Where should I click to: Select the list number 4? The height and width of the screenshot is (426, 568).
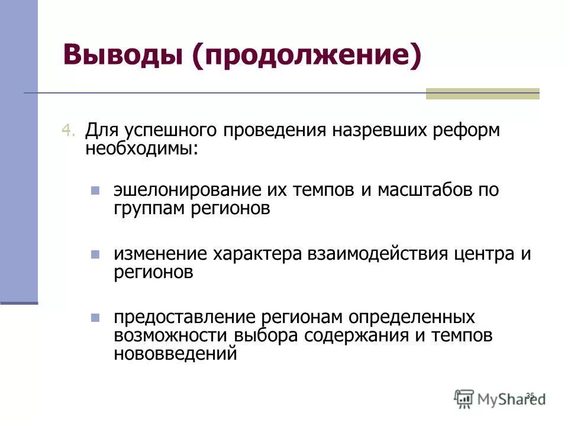pyautogui.click(x=69, y=131)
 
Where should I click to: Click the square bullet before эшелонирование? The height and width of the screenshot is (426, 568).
pyautogui.click(x=95, y=191)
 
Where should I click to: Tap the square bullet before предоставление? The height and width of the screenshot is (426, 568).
pyautogui.click(x=95, y=318)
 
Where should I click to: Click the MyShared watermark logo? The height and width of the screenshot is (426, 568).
pyautogui.click(x=500, y=398)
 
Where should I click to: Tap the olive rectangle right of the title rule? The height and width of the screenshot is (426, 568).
pyautogui.click(x=483, y=93)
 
